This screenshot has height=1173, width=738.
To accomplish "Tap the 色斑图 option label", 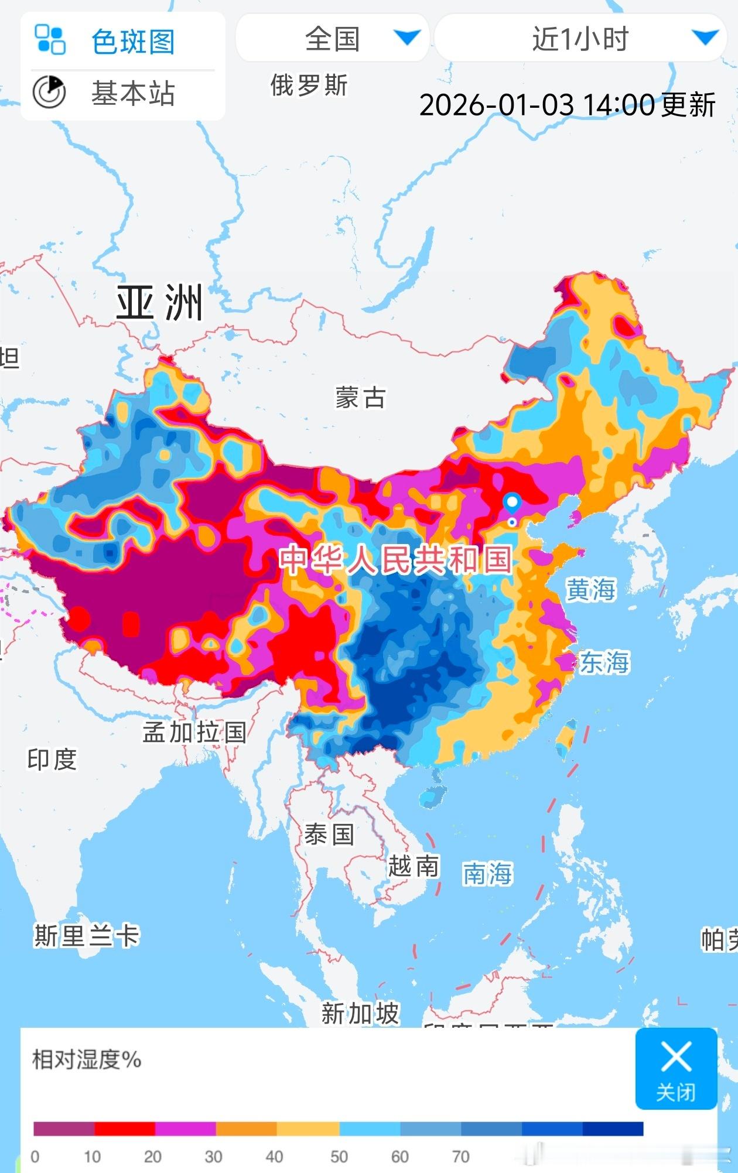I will tap(133, 42).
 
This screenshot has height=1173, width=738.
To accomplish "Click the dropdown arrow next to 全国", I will tap(407, 38).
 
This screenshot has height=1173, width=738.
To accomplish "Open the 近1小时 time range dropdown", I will tap(580, 39).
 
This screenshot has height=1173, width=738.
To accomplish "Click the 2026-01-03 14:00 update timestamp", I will tap(567, 105).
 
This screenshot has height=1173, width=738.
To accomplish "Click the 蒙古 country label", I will tap(360, 398).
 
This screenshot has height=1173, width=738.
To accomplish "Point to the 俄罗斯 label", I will tap(309, 86).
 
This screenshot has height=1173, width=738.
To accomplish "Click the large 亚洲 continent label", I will tap(159, 303).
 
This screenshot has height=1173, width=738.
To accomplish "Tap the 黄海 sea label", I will tap(590, 589).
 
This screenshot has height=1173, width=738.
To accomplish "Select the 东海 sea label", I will tap(604, 662).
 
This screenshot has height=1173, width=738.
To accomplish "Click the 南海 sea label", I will tap(487, 874).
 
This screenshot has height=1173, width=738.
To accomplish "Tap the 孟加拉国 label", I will tap(194, 732).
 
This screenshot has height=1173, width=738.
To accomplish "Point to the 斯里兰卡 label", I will tap(86, 935).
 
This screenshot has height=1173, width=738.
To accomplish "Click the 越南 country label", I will tap(413, 866).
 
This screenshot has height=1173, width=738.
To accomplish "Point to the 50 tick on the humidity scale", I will tap(339, 1157).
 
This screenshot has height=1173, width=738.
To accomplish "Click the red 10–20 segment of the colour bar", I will tap(125, 1128).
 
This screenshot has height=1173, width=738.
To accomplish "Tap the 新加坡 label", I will tap(360, 1013).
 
